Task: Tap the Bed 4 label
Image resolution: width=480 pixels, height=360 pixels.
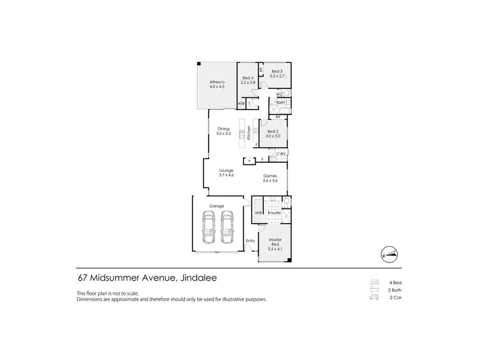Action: pos(248,80)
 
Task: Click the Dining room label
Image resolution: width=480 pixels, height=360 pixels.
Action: pos(222,130)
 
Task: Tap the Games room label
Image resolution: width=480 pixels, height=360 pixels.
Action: pos(270,178)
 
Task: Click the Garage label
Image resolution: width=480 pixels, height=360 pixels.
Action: pos(216,206)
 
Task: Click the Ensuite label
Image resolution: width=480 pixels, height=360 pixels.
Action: pos(275,212)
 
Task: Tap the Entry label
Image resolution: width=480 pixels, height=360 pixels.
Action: pos(250,240)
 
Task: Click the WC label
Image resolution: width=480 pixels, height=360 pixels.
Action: pos(280,95)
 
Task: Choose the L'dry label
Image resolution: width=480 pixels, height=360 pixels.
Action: pos(280,153)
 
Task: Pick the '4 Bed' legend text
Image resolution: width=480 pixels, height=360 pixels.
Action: pos(394,282)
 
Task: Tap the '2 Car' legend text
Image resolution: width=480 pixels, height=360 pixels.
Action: pos(394,297)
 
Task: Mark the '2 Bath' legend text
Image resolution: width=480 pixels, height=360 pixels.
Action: pos(394,290)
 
